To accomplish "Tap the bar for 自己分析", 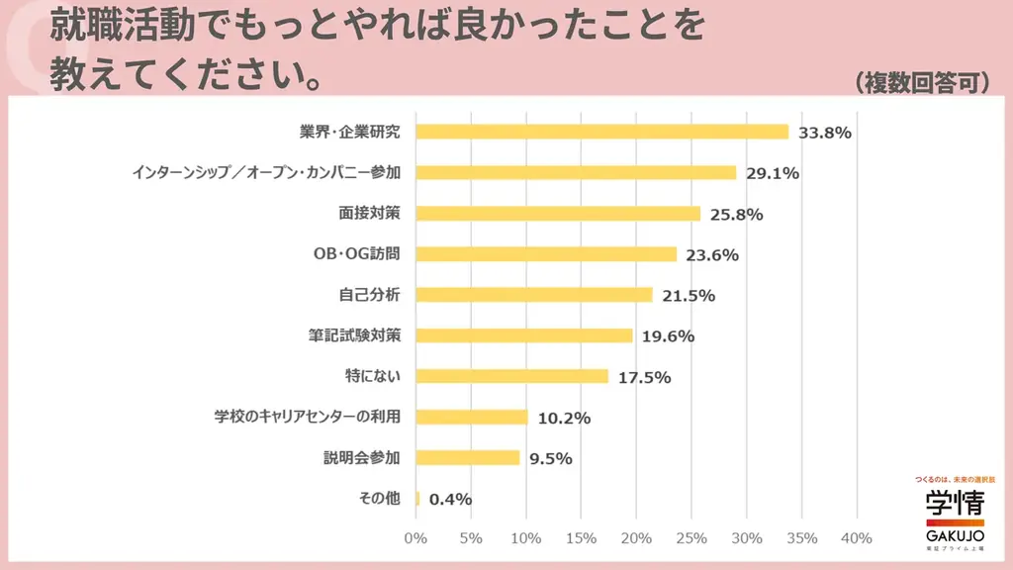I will [x=534, y=295].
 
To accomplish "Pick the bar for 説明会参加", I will [x=468, y=457].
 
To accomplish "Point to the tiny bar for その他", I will [x=417, y=499].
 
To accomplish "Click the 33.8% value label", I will [x=824, y=133].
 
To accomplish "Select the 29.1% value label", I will [x=773, y=173].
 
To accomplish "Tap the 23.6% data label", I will [x=712, y=254].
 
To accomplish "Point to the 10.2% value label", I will [x=564, y=418].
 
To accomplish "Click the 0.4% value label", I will [x=451, y=499].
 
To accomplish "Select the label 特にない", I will [x=372, y=376].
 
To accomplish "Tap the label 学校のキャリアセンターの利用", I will [x=308, y=417].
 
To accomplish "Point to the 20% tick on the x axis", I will [x=636, y=538].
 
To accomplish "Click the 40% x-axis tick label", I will [x=857, y=538].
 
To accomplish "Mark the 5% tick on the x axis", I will [x=471, y=538].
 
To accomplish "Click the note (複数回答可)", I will [x=922, y=82].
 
